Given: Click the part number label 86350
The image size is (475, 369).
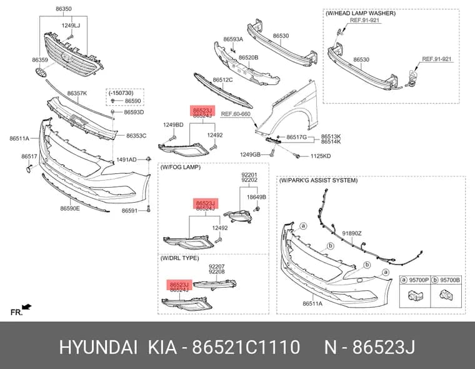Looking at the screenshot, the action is [64, 9].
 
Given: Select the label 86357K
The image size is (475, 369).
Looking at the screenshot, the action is [77, 93].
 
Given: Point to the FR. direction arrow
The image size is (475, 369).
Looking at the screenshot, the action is [27, 307].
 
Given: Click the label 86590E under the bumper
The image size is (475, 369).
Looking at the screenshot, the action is [70, 208].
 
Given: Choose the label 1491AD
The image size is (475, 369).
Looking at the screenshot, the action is [126, 159].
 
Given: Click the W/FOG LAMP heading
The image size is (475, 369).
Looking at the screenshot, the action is [181, 167].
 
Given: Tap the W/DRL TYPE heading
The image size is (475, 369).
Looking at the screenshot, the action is [179, 258].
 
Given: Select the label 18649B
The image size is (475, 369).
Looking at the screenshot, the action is [256, 197].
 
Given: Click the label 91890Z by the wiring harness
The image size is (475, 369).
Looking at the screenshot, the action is [352, 233].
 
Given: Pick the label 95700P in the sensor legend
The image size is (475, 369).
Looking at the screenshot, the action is [419, 280].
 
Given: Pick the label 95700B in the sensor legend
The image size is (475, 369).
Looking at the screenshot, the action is [450, 280].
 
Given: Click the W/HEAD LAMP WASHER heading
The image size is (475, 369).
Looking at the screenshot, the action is [361, 13].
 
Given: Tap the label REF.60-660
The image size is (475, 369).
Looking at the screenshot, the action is [236, 114].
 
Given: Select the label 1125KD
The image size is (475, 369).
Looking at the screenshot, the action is [321, 156].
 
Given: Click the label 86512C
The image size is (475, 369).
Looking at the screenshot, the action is [222, 80].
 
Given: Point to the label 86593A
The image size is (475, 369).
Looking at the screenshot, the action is [233, 39].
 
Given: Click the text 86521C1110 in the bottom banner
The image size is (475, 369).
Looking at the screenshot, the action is [246, 347].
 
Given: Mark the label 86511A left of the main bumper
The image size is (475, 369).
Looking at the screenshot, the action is [19, 139].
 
